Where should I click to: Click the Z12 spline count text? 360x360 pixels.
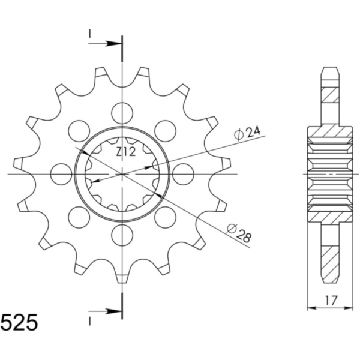tap(126, 152)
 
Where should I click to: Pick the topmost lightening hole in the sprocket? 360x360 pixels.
tap(122, 112)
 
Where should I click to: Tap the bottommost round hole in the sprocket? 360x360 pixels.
tap(122, 235)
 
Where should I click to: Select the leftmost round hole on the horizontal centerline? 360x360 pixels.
tap(61, 174)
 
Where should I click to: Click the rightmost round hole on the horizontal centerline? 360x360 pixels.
tap(184, 174)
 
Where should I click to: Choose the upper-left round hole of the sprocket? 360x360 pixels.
tap(79, 130)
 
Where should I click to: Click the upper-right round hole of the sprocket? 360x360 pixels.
tap(166, 130)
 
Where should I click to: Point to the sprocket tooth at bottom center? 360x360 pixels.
tap(122, 277)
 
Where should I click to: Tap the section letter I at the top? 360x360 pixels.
tap(90, 35)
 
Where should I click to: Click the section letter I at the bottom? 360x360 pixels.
tap(90, 321)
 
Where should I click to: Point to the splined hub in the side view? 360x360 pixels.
tap(329, 174)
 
